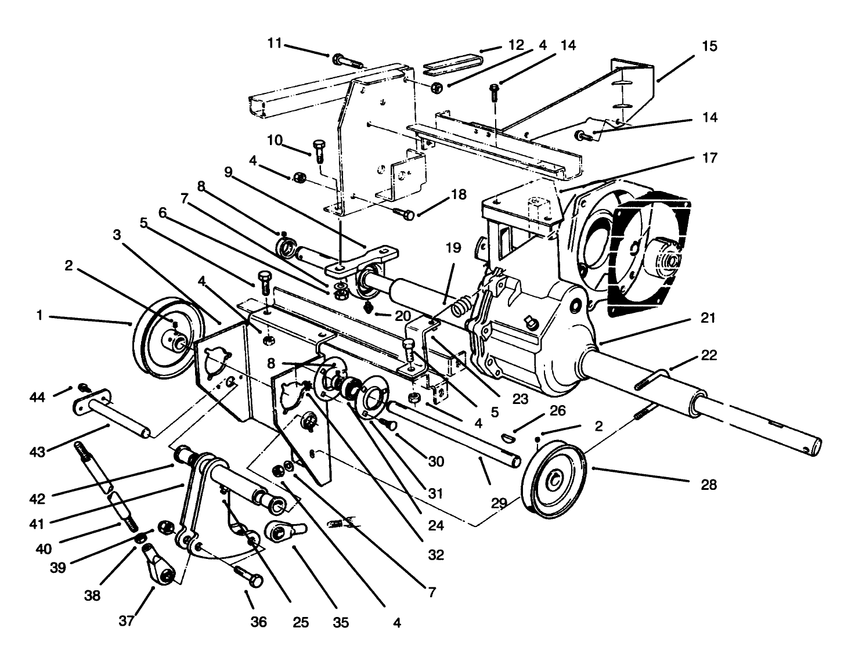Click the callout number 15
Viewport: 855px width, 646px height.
(x=709, y=46)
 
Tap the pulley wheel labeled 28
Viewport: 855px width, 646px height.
(x=555, y=479)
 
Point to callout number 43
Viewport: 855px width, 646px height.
(x=38, y=451)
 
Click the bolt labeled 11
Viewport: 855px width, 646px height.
(x=346, y=60)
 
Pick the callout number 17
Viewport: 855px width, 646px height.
(x=709, y=157)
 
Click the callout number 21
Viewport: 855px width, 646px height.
(x=708, y=317)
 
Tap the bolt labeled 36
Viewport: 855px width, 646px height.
(x=248, y=576)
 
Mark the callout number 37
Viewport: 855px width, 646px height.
(x=127, y=620)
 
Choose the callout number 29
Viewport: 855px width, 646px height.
(x=499, y=503)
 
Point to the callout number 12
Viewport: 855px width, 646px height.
(x=515, y=45)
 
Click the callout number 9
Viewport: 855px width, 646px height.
(x=228, y=172)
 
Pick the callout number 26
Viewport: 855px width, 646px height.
(x=557, y=410)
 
